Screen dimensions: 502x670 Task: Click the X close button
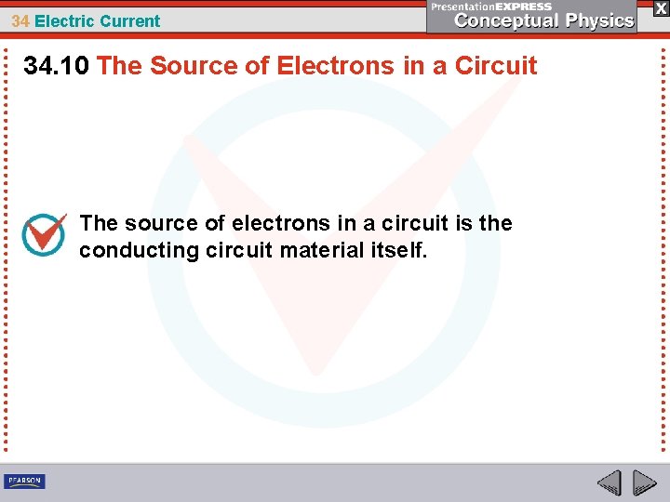660,7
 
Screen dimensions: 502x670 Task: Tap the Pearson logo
24,481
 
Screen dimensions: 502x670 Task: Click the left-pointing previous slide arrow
609,482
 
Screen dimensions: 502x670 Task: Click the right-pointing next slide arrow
644,482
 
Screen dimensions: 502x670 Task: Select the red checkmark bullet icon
44,234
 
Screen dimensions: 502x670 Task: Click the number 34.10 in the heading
57,66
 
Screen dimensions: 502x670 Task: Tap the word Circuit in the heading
496,66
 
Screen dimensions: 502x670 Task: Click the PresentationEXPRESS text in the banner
490,7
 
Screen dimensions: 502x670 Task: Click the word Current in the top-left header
127,20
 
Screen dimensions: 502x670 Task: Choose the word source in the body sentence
158,223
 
